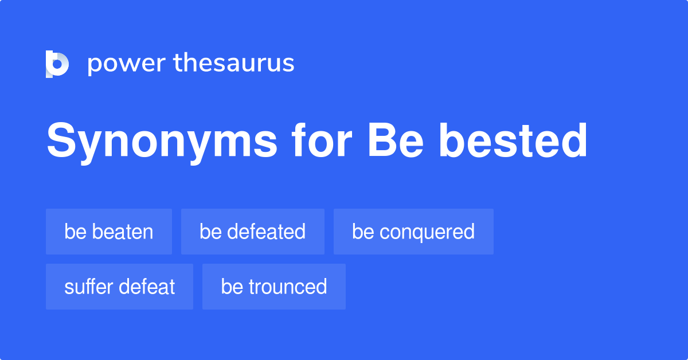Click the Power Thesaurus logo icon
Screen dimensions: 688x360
pyautogui.click(x=57, y=64)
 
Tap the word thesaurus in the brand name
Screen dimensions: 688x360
pyautogui.click(x=234, y=62)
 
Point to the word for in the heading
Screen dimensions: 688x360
pyautogui.click(x=322, y=139)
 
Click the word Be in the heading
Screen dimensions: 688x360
pyautogui.click(x=396, y=140)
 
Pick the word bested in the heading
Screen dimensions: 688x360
pyautogui.click(x=513, y=140)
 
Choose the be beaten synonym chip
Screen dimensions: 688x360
pyautogui.click(x=109, y=232)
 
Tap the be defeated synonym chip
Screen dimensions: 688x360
pyautogui.click(x=253, y=232)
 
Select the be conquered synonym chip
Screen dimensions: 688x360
pyautogui.click(x=413, y=232)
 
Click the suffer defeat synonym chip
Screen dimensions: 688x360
pyautogui.click(x=119, y=287)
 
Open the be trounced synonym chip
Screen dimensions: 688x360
pyautogui.click(x=274, y=287)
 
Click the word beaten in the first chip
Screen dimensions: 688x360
pyautogui.click(x=123, y=232)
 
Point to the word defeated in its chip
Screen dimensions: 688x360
pyautogui.click(x=266, y=232)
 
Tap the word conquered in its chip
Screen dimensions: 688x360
pyautogui.click(x=427, y=233)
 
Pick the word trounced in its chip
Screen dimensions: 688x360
pyautogui.click(x=288, y=287)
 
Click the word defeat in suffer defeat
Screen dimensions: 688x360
pyautogui.click(x=147, y=287)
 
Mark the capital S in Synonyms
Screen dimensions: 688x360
pyautogui.click(x=61, y=140)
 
